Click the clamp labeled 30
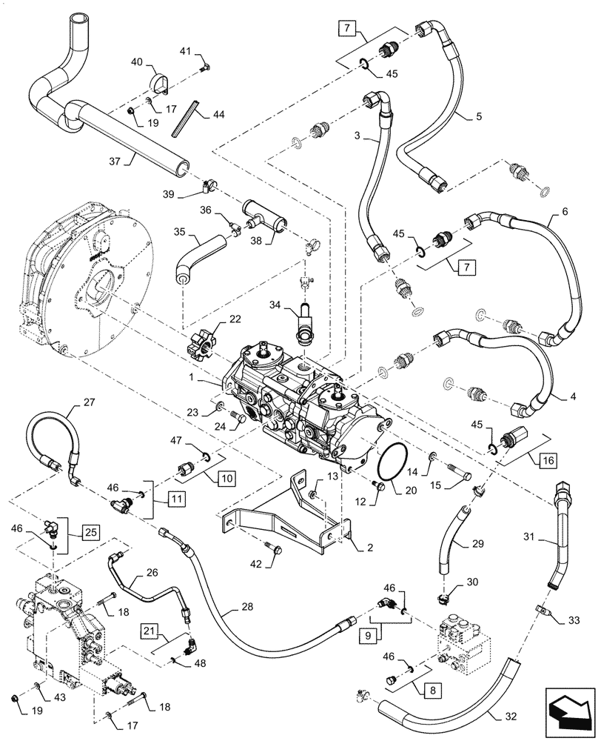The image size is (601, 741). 445,593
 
